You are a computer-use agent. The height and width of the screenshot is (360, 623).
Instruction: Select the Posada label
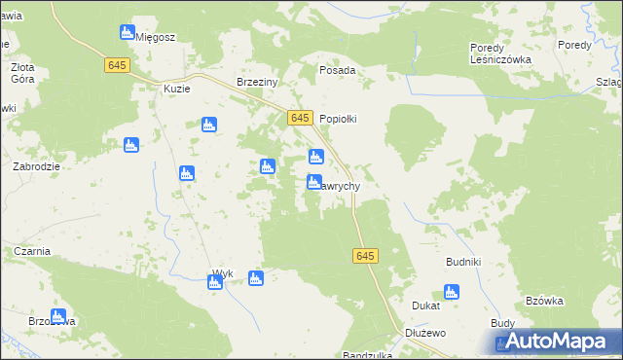(x=338, y=71)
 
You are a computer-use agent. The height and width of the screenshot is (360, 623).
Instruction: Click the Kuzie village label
(x=176, y=89)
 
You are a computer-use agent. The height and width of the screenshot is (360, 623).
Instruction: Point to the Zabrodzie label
(x=37, y=166)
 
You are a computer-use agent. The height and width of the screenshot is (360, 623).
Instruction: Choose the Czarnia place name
(x=31, y=251)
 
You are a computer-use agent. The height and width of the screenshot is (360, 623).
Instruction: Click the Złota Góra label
(x=22, y=74)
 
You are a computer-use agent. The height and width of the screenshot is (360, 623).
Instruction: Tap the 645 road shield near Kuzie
(x=118, y=64)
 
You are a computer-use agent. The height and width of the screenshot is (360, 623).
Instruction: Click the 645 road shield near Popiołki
(x=300, y=118)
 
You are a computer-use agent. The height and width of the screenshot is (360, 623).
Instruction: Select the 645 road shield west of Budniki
(x=364, y=255)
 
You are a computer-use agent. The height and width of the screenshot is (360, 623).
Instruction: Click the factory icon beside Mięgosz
(x=127, y=32)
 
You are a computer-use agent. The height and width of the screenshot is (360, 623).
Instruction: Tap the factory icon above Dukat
(x=451, y=291)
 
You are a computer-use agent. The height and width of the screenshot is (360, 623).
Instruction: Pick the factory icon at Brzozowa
(x=57, y=316)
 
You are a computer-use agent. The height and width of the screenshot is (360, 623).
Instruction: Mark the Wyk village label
(x=223, y=273)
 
